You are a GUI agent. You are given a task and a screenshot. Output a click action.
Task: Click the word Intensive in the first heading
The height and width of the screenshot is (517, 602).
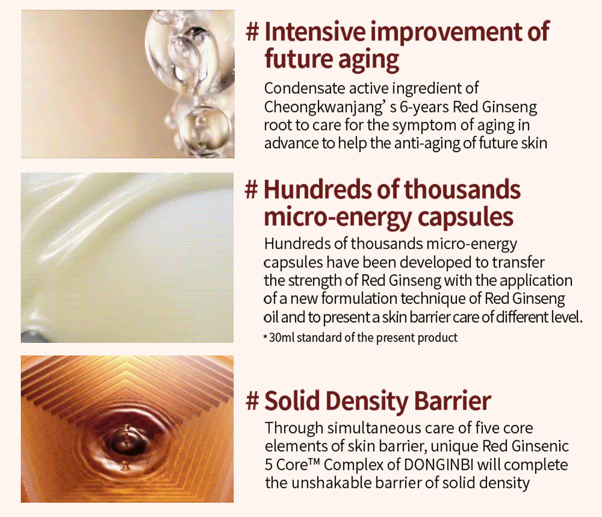(x=315, y=32)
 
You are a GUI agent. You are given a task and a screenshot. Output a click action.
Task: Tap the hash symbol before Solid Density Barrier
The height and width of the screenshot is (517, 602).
(x=252, y=401)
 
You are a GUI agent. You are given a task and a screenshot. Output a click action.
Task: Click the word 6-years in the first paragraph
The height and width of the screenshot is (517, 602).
(x=424, y=107)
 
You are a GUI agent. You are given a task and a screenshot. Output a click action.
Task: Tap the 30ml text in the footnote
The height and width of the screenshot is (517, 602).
(x=281, y=337)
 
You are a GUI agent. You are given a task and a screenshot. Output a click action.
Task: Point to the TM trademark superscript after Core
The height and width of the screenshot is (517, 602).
(x=314, y=461)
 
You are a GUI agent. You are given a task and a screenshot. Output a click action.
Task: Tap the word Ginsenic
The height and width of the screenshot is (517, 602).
(x=540, y=446)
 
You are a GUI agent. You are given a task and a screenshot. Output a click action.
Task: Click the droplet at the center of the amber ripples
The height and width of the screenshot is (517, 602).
(x=126, y=440)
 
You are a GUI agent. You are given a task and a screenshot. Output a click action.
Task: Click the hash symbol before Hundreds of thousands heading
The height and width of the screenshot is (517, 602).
(x=252, y=189)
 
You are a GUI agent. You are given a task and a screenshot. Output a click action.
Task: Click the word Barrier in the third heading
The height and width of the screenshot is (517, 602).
(x=453, y=401)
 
